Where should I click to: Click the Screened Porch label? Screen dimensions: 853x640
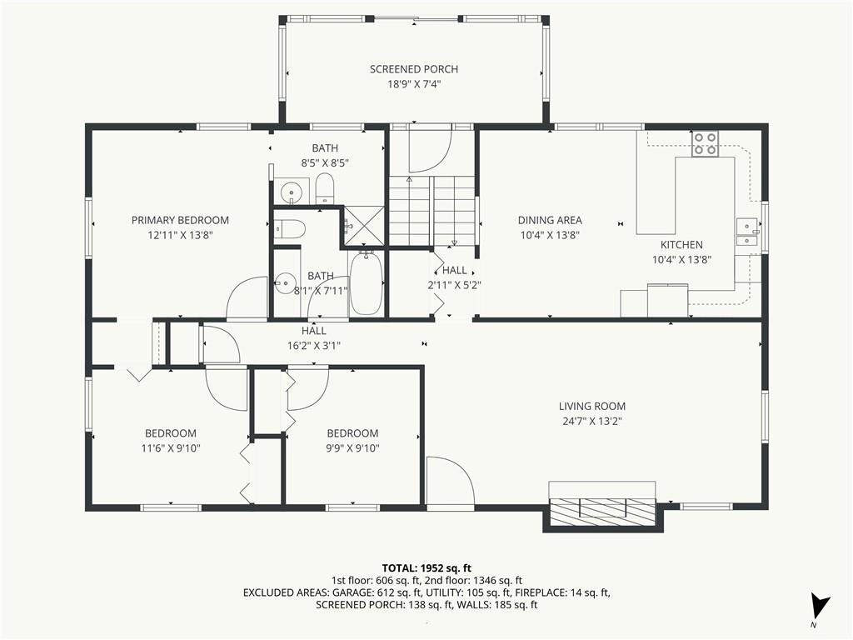pos(413,69)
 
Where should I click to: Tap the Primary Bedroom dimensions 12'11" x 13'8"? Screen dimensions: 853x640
pos(180,235)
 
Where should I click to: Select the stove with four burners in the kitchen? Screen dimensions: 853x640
pos(705,144)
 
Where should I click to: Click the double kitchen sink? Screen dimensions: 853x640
pos(747,232)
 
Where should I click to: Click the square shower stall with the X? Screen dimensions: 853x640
pos(364,226)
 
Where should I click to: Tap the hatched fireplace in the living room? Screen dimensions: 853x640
pos(603,512)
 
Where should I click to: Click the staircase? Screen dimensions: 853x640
pos(432,210)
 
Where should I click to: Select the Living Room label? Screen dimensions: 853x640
pos(592,406)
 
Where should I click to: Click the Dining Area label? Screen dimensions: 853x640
pos(550,220)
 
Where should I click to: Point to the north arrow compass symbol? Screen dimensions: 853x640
pos(820,607)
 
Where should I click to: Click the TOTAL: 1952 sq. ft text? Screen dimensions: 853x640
pos(426,569)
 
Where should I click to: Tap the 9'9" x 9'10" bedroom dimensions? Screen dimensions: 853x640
pos(352,448)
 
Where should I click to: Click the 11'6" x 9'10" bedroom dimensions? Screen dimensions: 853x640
pos(171,448)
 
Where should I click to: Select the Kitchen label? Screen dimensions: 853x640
pos(681,245)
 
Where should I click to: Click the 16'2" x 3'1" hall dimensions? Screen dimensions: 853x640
pos(314,346)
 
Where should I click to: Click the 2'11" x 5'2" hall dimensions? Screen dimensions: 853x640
pos(454,285)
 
